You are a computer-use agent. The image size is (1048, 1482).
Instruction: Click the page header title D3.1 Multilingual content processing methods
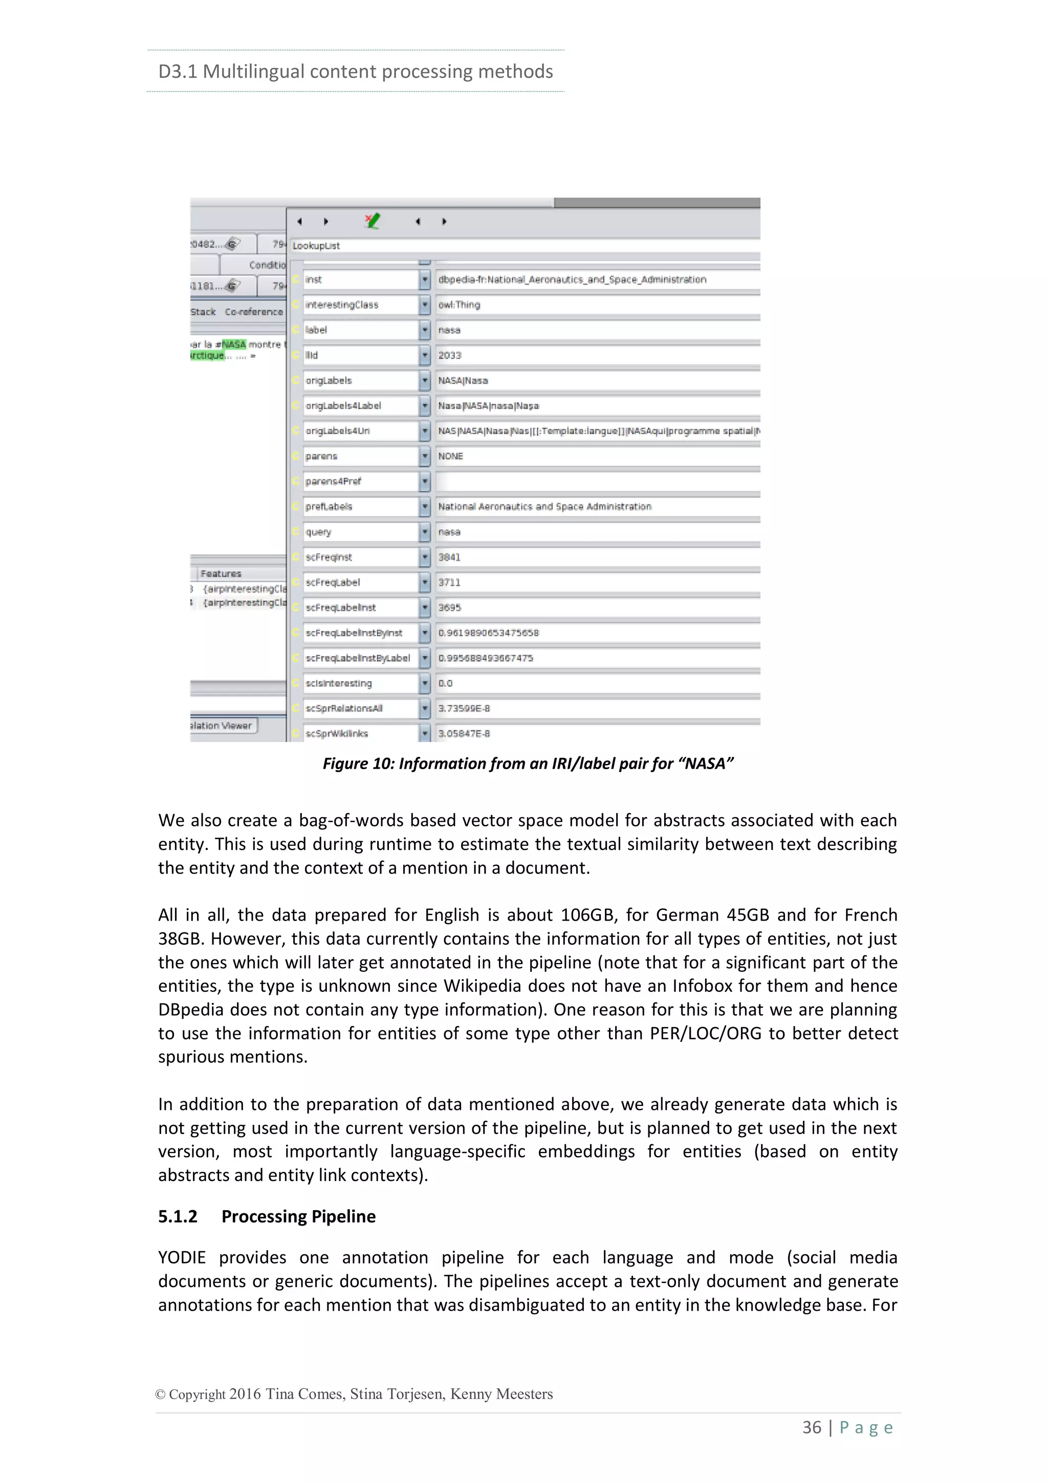coord(356,71)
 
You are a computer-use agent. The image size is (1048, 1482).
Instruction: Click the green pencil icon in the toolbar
coord(373,222)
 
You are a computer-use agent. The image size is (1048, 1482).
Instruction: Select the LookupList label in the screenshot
coord(316,246)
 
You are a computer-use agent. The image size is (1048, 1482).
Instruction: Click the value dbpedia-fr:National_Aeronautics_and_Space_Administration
coord(572,279)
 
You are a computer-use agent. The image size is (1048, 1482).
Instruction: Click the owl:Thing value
coord(459,304)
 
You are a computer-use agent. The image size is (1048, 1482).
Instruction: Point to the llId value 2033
coord(450,356)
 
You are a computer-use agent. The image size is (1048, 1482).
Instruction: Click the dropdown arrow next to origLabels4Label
coord(425,406)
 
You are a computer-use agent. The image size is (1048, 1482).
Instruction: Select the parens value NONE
coord(450,456)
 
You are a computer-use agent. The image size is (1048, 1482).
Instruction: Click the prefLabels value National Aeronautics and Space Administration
coord(544,507)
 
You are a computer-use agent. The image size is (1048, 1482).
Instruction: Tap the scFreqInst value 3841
coord(449,557)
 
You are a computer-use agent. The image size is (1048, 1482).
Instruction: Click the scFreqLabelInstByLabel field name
coord(358,659)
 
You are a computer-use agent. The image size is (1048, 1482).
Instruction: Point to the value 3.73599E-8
coord(464,709)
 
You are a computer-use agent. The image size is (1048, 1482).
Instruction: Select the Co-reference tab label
coord(254,312)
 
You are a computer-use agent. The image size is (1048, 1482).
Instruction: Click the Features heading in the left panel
coord(221,574)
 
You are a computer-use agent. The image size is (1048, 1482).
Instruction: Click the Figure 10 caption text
coord(528,764)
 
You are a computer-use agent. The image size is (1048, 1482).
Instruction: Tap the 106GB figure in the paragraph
coord(587,916)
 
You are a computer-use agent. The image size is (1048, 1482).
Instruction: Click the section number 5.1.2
coord(178,1217)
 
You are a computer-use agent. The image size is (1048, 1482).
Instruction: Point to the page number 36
coord(812,1427)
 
